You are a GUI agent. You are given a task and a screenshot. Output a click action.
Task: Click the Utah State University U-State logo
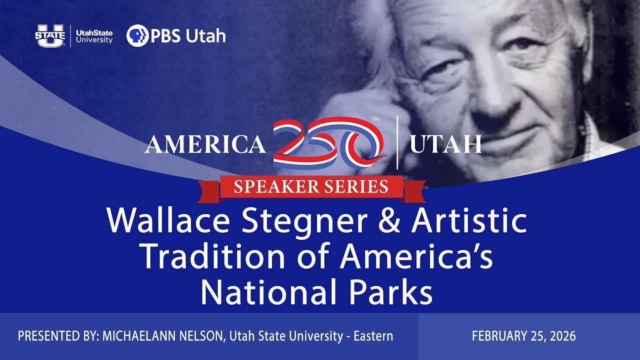49,35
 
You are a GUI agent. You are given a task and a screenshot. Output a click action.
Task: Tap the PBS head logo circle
137,35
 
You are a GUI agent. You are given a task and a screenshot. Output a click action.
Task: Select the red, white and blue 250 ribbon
327,143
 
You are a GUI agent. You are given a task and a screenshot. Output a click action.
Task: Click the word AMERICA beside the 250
205,144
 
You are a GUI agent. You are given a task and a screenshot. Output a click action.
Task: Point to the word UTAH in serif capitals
445,144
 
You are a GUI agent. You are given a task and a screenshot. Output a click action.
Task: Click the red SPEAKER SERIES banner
311,187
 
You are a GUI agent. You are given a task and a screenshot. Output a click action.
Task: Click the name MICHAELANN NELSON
162,336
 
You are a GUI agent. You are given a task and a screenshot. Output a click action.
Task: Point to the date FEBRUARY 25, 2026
523,336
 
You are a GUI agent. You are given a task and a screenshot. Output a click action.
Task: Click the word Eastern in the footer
373,336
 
